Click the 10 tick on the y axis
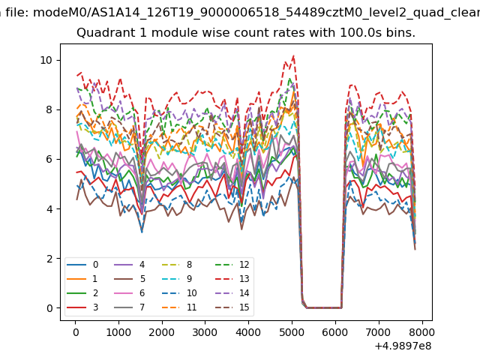click(x=46, y=60)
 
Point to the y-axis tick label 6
click(x=49, y=159)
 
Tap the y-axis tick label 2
click(x=49, y=259)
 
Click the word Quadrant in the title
click(x=100, y=34)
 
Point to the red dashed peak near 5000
click(x=293, y=55)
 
